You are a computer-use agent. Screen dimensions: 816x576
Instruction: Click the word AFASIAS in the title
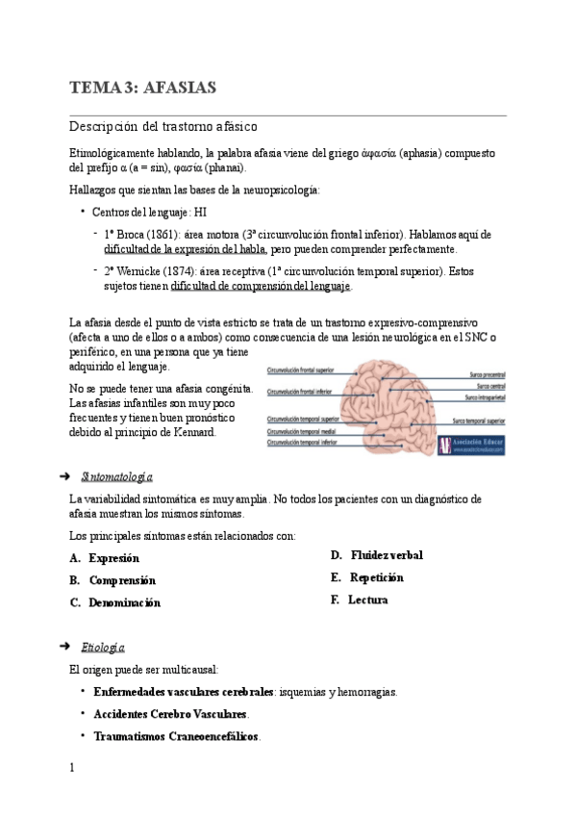pos(179,89)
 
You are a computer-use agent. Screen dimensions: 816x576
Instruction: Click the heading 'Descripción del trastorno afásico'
pos(163,127)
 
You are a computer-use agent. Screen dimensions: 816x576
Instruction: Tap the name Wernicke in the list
pos(142,271)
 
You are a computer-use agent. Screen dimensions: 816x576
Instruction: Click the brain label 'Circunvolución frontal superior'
pos(303,370)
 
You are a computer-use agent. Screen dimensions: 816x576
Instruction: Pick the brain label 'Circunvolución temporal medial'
pos(302,431)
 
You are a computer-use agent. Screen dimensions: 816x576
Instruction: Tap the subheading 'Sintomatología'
pos(118,477)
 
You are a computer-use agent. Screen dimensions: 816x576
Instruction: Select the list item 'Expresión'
pos(113,558)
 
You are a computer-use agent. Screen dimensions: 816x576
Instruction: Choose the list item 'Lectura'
pos(369,599)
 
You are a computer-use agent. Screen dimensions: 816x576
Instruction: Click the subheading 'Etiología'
pos(104,648)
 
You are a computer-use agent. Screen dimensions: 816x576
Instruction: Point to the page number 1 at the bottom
pos(72,768)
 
